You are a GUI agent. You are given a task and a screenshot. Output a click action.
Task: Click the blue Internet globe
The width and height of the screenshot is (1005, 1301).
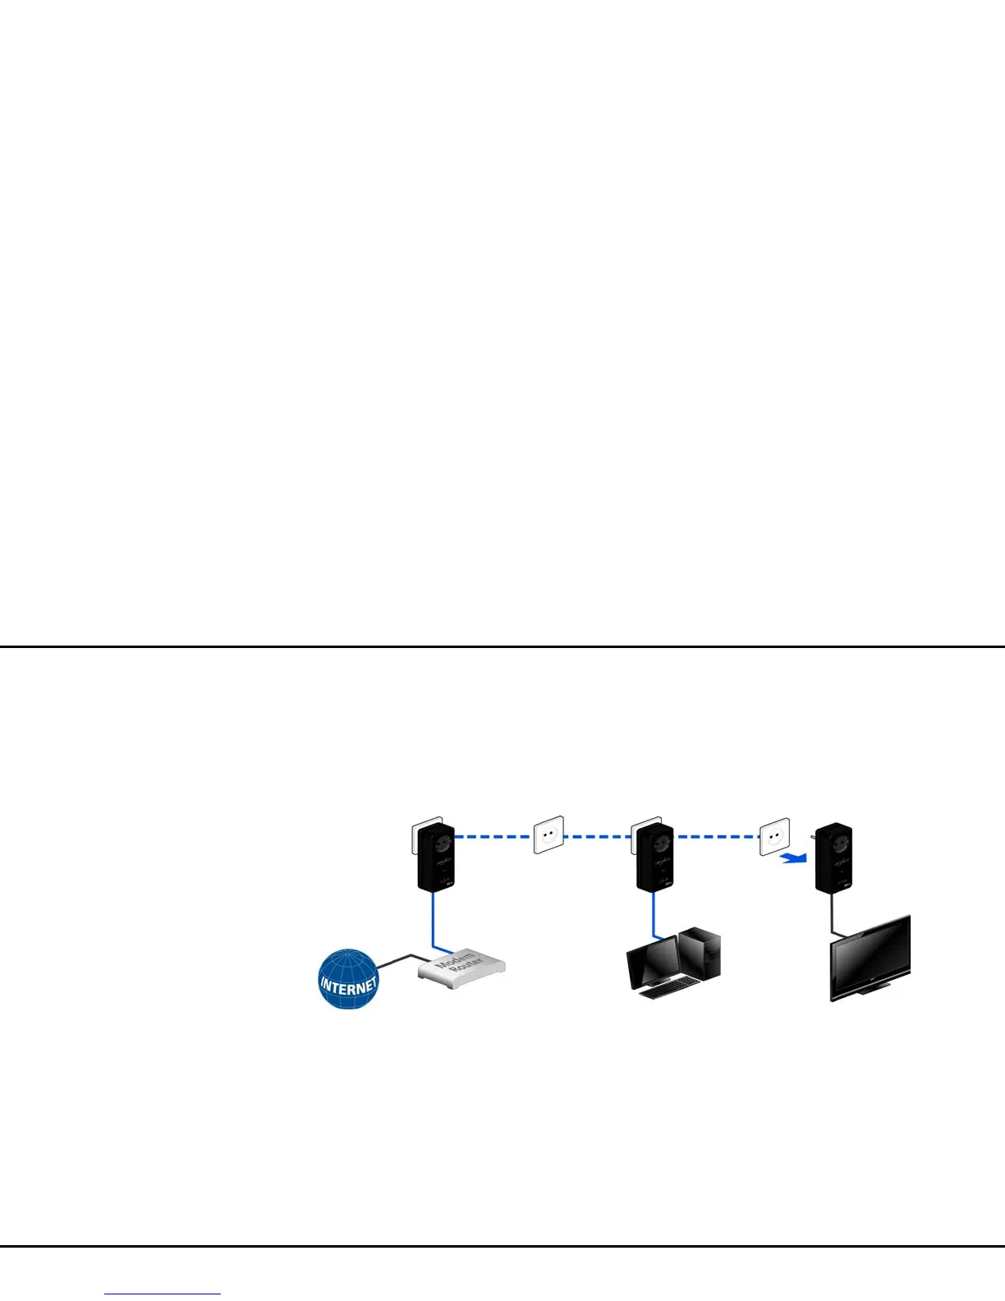[x=348, y=979]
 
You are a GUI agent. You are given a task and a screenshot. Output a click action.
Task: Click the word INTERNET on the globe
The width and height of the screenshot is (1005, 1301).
[x=349, y=984]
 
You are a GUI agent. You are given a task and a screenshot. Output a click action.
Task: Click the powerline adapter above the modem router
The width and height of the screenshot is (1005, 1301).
[x=436, y=858]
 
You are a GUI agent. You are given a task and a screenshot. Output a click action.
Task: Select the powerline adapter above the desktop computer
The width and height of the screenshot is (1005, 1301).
[x=654, y=858]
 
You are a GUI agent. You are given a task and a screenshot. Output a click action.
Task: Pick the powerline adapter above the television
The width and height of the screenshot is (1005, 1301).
[x=833, y=858]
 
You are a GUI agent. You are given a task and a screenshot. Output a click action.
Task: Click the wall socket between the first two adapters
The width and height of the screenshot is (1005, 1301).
[x=549, y=834]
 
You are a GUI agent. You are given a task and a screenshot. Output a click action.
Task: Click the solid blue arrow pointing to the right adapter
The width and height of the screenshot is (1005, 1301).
[x=792, y=858]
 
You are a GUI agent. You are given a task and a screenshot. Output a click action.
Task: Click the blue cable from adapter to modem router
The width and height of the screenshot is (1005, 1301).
[x=433, y=920]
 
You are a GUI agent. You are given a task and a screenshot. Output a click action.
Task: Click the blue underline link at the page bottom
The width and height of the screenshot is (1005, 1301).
[x=163, y=1294]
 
